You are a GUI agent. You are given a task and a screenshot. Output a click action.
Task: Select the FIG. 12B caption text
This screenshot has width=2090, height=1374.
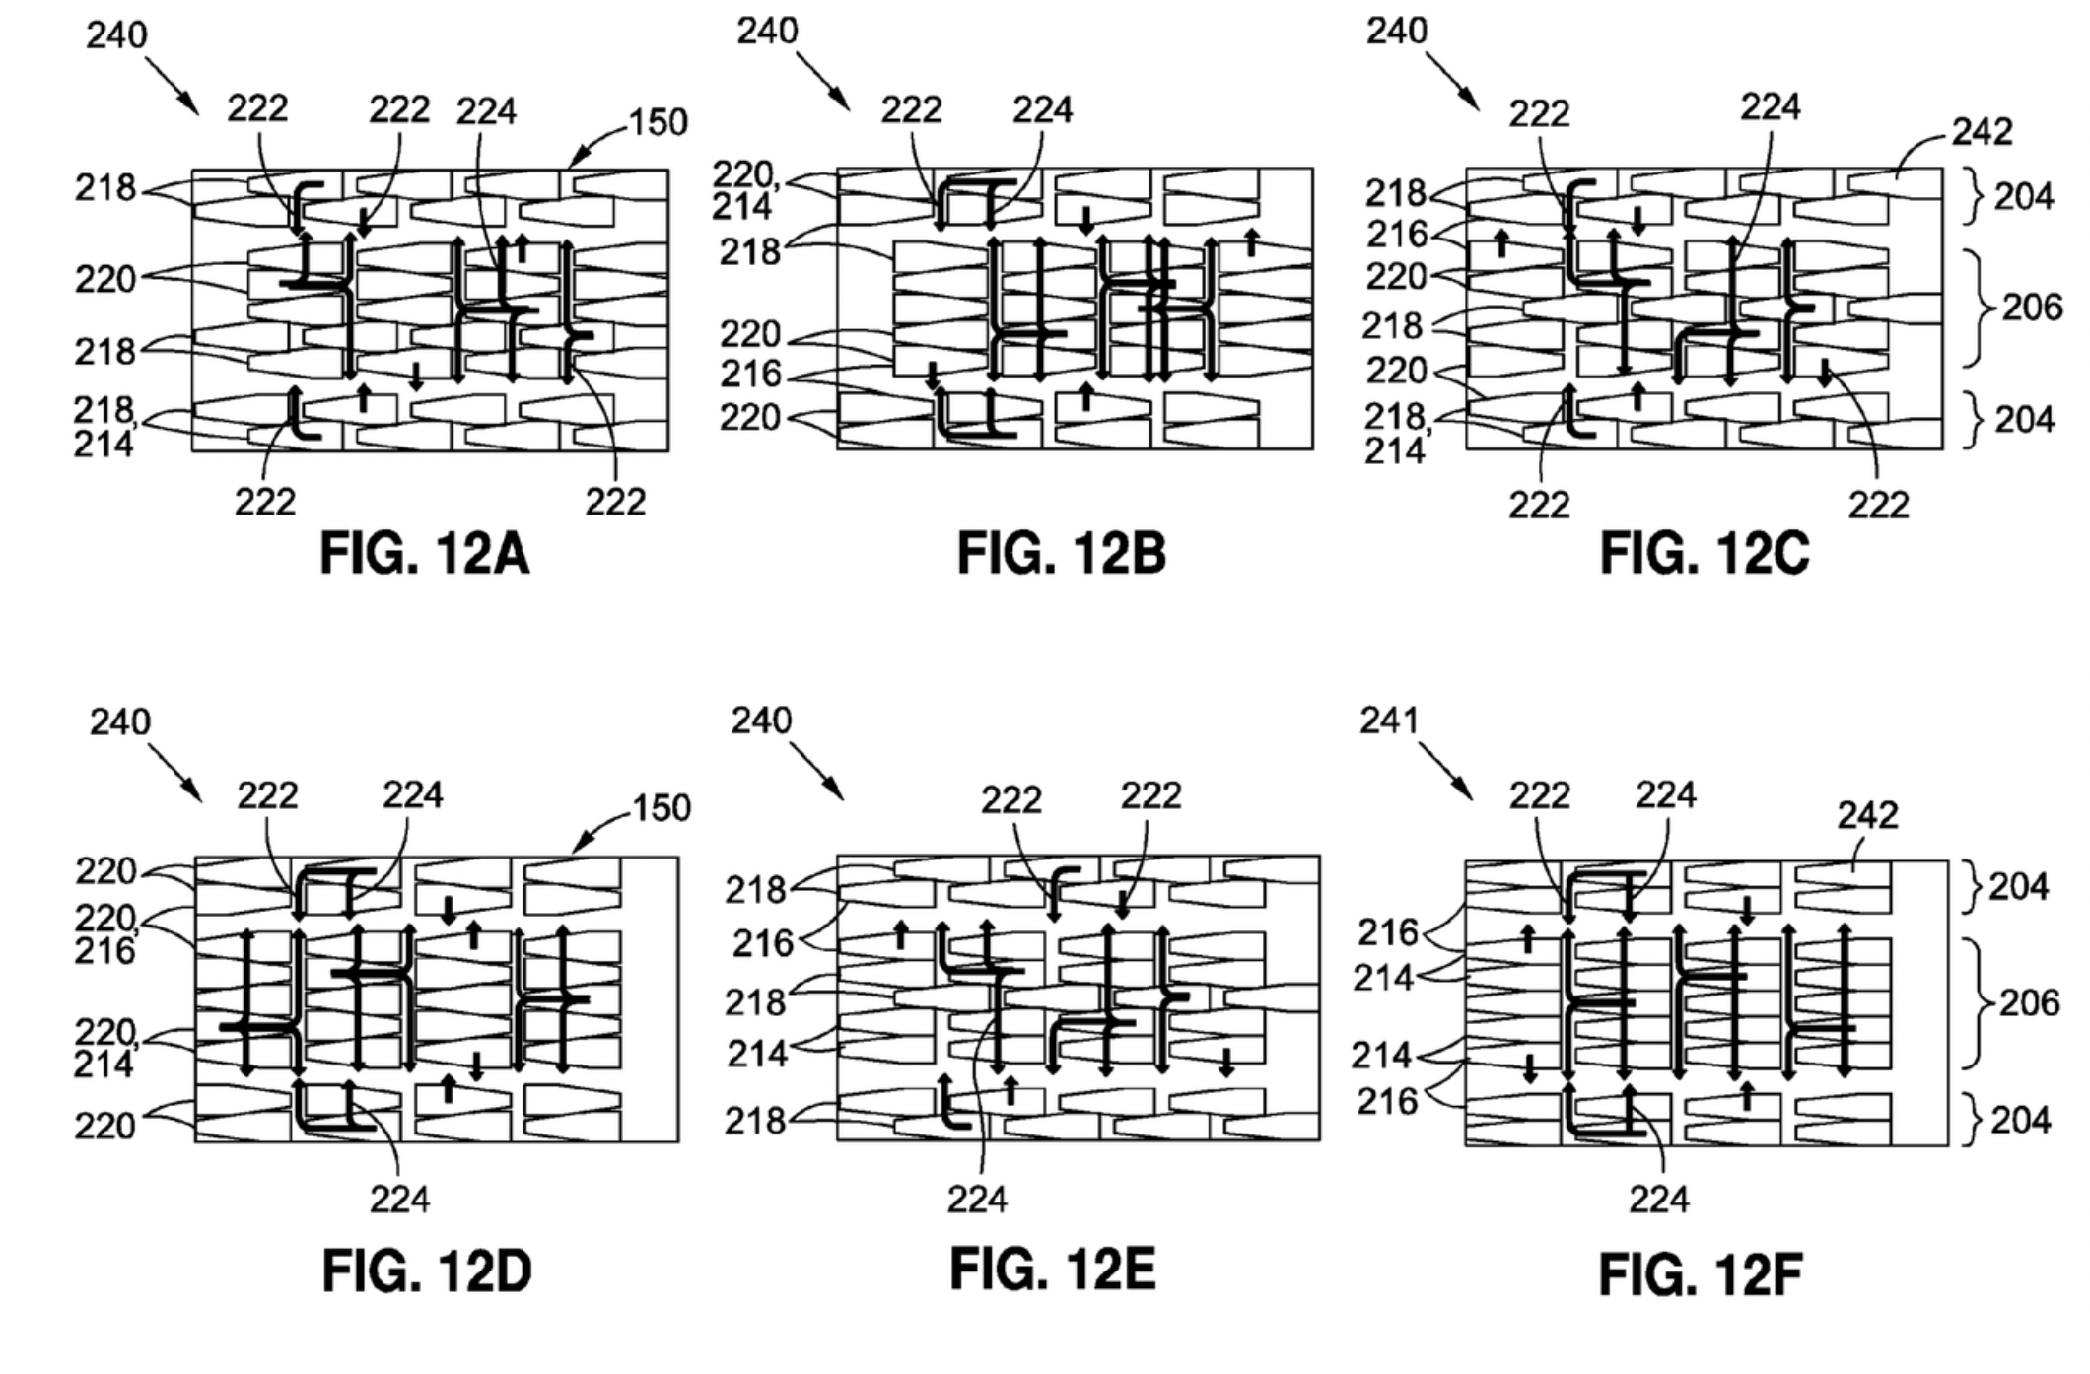[1061, 553]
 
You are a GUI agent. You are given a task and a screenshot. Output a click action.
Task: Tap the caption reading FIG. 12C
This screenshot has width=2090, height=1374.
[1704, 553]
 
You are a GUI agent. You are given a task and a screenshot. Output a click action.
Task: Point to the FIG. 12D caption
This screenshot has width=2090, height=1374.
[426, 1271]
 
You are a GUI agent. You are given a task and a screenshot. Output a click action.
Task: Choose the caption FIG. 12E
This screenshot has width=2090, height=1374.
[1052, 1269]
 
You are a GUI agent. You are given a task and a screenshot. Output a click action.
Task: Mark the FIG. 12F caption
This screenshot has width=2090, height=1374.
[1701, 1274]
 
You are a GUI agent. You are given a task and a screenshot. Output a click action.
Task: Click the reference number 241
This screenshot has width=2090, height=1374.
[1389, 721]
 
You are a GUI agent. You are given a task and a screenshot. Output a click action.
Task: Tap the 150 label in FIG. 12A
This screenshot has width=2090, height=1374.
[658, 122]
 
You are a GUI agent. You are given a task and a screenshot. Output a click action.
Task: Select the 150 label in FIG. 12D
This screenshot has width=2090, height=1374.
[661, 808]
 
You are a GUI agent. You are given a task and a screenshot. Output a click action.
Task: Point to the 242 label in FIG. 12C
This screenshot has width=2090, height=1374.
[1982, 131]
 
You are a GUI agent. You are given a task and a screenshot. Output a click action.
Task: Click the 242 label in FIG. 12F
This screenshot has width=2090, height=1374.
[1867, 815]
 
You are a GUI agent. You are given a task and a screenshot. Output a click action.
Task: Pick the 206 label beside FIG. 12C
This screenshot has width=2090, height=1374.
[2032, 308]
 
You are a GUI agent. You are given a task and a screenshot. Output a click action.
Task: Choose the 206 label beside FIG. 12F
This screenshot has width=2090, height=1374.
[2029, 1002]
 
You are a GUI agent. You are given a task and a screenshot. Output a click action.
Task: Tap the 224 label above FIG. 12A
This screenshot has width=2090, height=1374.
[486, 111]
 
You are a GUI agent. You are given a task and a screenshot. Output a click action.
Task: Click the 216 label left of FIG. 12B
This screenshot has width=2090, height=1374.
[750, 375]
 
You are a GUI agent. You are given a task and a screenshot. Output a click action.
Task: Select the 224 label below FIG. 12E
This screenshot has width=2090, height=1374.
[977, 1200]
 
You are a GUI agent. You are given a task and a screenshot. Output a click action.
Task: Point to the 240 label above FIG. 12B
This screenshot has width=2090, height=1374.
[767, 32]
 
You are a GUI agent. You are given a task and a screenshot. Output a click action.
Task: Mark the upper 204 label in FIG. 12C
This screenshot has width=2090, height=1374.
[2024, 197]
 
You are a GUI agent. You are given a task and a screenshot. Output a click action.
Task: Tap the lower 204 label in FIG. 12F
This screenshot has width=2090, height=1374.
[2020, 1120]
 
